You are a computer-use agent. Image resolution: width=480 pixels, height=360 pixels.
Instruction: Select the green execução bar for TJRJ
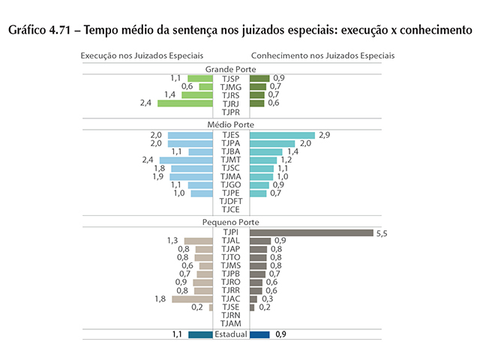click(x=185, y=103)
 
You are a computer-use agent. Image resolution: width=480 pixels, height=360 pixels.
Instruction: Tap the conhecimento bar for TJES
click(x=282, y=135)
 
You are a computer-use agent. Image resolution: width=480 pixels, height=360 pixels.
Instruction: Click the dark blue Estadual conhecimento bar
click(x=259, y=334)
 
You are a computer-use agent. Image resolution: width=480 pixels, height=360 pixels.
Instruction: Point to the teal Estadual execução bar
click(x=200, y=334)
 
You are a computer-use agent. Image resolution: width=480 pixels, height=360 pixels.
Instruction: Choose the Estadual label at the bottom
click(x=231, y=334)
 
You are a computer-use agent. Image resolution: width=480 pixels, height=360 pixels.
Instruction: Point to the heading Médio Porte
click(x=231, y=124)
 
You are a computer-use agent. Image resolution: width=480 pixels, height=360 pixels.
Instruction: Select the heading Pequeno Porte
click(x=231, y=223)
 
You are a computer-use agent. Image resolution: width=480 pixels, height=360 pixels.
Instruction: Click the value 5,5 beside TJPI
click(x=381, y=233)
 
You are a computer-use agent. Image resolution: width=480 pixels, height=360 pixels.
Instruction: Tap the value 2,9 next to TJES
click(x=324, y=135)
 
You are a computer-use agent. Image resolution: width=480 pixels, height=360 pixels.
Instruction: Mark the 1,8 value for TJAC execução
click(x=160, y=298)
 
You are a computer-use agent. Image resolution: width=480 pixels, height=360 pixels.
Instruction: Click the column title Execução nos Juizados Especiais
click(x=142, y=55)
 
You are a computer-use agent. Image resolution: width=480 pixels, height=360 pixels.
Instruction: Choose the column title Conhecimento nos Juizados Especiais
click(x=322, y=55)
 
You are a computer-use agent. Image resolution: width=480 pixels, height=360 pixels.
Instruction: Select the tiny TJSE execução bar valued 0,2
click(x=211, y=307)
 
